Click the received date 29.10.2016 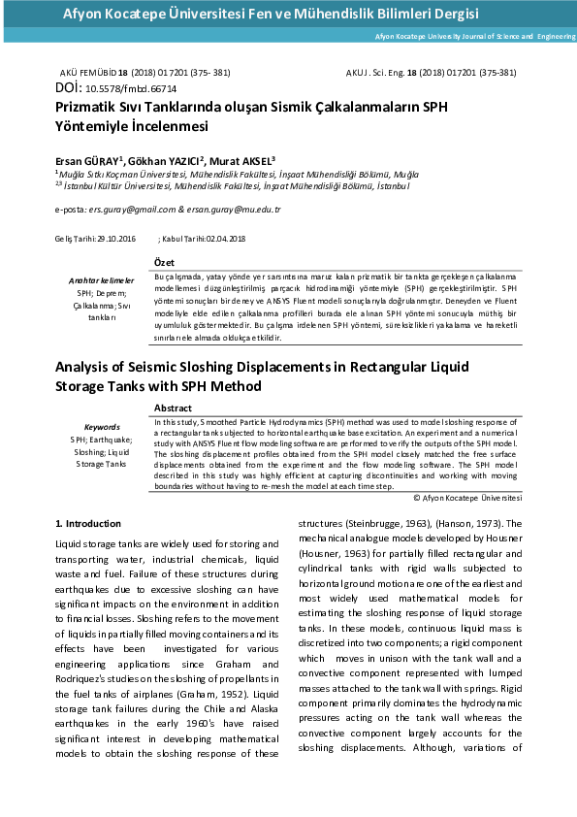point(113,239)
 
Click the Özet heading point(164,263)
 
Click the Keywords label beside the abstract point(102,427)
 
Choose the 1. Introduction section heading point(88,524)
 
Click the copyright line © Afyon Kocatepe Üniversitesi point(467,498)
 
